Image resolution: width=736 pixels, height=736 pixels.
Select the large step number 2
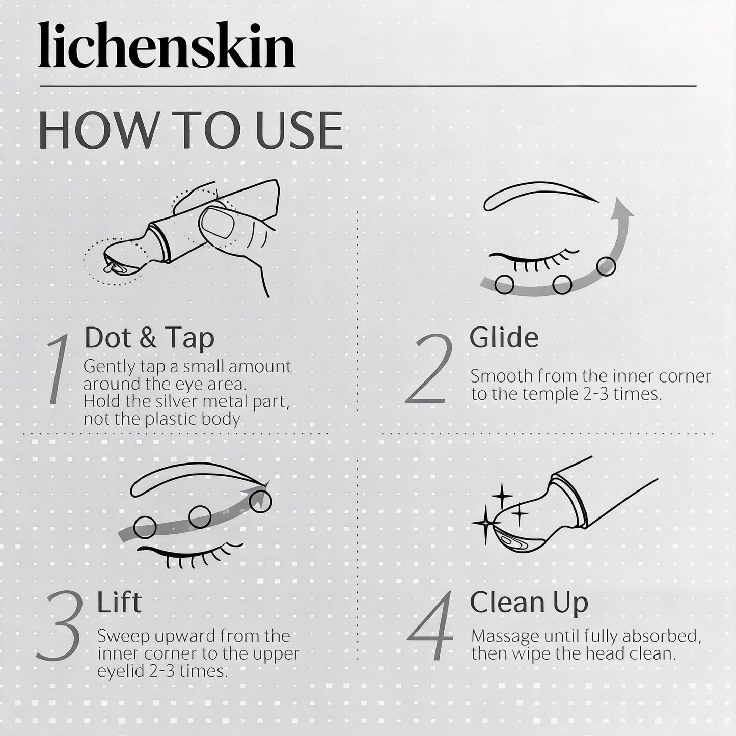coord(429,369)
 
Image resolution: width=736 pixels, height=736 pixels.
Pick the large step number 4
coord(430,626)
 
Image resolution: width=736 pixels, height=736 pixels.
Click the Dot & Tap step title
coord(149,338)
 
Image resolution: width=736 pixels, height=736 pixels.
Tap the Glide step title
coord(504,338)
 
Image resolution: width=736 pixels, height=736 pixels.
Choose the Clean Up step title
coord(529,604)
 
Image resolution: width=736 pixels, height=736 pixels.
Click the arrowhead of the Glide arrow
coord(621,209)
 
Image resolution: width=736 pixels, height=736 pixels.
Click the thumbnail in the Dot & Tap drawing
coord(217,223)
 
